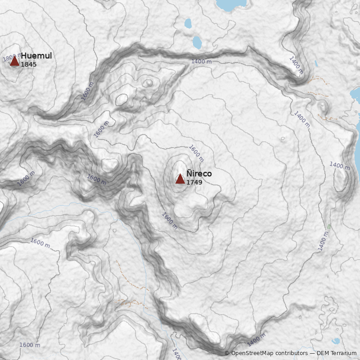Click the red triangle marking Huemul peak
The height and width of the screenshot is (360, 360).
click(x=14, y=61)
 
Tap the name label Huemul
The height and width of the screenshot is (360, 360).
click(x=36, y=56)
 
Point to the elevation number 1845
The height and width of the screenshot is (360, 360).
click(x=29, y=64)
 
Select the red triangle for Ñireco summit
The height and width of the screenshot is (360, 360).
click(x=180, y=179)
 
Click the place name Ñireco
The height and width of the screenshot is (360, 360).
click(x=199, y=174)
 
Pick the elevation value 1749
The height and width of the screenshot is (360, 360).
click(x=194, y=182)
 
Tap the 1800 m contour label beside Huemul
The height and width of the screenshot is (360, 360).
click(x=9, y=58)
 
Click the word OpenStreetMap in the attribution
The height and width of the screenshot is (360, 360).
click(x=252, y=353)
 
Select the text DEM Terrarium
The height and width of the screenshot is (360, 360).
click(x=337, y=353)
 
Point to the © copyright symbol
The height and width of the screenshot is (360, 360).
click(x=227, y=353)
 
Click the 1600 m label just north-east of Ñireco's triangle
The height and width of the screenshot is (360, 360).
click(x=197, y=153)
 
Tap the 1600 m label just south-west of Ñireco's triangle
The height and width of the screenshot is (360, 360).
click(x=170, y=220)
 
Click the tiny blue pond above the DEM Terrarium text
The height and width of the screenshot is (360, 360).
click(x=336, y=341)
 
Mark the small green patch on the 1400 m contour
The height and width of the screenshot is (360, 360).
click(x=329, y=226)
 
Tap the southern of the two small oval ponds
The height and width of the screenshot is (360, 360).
click(x=197, y=42)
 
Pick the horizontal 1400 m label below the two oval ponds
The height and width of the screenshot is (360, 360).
click(x=201, y=61)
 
